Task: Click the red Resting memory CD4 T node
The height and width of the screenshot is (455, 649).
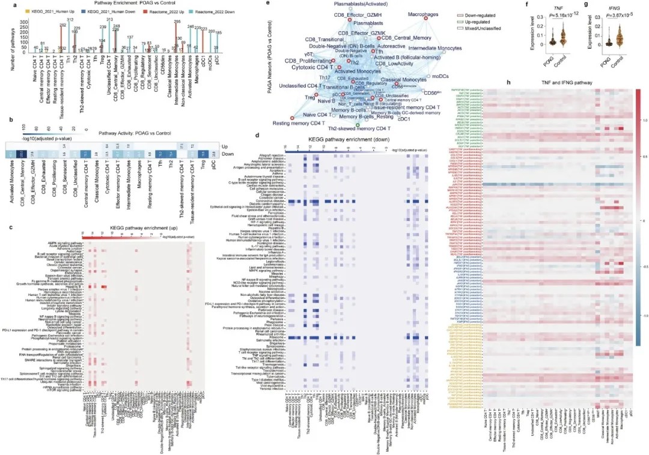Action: click(292, 117)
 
